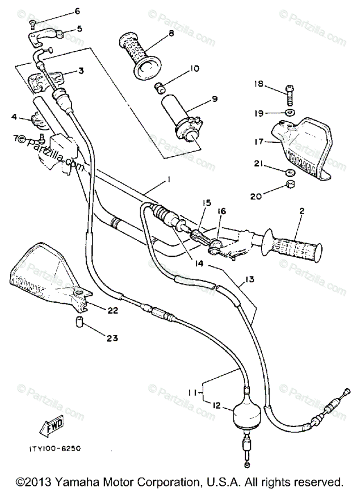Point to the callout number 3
(81, 71)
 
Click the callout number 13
(250, 280)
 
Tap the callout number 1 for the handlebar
(157, 180)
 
